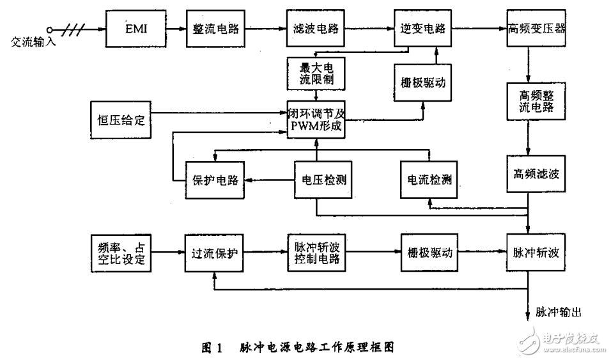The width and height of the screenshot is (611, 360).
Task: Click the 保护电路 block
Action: [214, 180]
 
